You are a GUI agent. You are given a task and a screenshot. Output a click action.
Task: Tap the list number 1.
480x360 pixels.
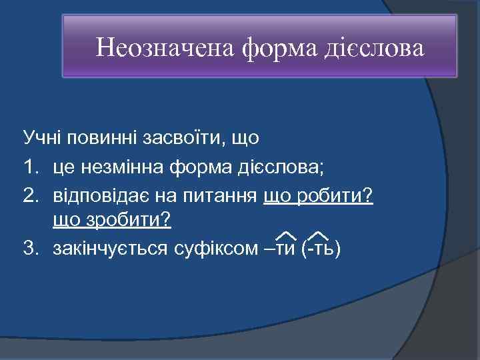pos(30,167)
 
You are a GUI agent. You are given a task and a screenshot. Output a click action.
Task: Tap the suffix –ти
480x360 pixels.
pos(281,249)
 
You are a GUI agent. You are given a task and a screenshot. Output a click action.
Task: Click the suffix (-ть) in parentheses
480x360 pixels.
pos(321,249)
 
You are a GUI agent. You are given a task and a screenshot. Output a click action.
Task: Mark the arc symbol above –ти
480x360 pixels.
pos(286,233)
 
